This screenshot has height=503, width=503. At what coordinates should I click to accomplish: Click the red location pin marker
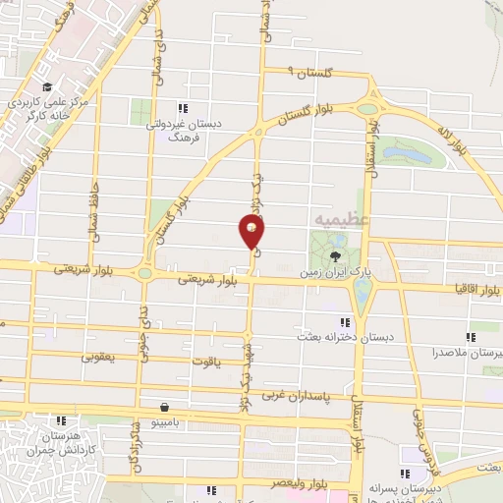[x=252, y=231]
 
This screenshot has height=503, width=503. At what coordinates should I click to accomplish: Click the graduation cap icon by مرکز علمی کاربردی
[x=46, y=86]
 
